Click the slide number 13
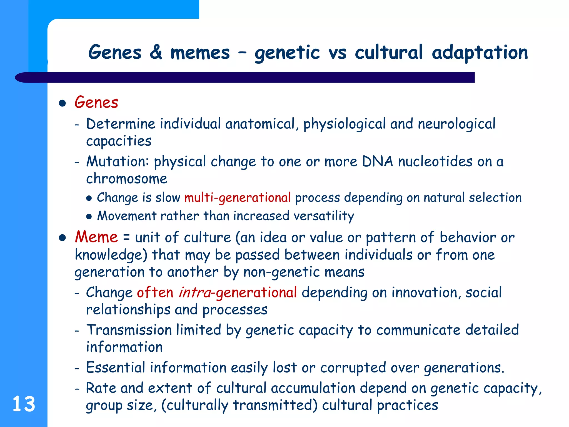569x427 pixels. pos(24,404)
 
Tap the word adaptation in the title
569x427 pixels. pos(480,53)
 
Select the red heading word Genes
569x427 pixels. pos(96,102)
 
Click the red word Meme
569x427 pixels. pos(96,237)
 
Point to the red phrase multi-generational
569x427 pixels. pos(238,198)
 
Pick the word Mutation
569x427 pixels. pos(119,162)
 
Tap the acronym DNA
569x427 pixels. pos(378,162)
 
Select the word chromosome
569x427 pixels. pos(127,179)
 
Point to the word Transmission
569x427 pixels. pos(129,330)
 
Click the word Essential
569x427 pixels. pos(116,368)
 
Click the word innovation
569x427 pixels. pos(425,292)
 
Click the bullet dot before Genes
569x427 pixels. pos(63,103)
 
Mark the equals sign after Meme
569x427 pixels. pos(126,238)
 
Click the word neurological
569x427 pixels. pos(456,124)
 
